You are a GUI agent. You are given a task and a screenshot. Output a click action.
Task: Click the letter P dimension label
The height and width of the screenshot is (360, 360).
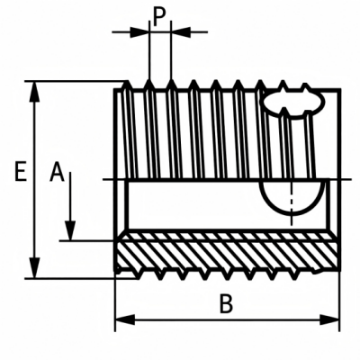click(159, 18)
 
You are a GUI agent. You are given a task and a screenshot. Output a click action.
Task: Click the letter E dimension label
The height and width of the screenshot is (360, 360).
click(21, 171)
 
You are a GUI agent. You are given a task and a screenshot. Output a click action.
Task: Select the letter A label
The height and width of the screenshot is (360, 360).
click(57, 172)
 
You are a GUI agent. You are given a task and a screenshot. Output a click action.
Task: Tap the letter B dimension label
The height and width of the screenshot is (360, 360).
click(226, 303)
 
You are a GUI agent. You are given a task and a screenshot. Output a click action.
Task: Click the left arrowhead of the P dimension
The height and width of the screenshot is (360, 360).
click(139, 31)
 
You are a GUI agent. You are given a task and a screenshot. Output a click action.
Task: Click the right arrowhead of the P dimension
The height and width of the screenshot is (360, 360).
click(181, 31)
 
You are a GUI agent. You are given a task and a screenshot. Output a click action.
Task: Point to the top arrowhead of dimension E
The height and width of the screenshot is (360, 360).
click(35, 92)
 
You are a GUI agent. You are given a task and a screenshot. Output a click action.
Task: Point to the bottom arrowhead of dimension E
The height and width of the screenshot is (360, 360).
click(35, 267)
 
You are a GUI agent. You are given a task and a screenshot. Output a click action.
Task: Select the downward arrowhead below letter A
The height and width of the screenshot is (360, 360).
click(70, 230)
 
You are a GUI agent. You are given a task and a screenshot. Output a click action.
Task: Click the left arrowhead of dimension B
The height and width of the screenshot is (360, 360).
click(125, 319)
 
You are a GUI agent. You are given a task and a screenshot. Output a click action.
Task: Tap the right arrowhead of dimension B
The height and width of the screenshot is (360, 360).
click(329, 319)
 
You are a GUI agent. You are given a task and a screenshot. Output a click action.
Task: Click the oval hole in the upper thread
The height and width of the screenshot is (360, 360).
click(293, 103)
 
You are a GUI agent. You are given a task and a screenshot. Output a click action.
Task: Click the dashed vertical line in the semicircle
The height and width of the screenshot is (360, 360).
click(292, 202)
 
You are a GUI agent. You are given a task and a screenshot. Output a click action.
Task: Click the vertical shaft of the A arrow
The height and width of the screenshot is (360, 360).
click(70, 196)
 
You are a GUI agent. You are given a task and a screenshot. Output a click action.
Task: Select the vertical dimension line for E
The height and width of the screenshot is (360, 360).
click(35, 180)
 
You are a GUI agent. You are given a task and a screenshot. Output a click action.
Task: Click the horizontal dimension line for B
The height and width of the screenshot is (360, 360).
click(228, 319)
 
